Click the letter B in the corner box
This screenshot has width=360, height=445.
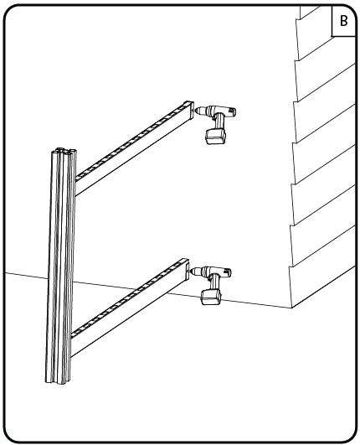[343, 21]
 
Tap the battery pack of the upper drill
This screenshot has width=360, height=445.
[216, 137]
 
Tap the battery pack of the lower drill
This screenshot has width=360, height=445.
[211, 298]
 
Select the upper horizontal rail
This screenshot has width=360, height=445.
[134, 147]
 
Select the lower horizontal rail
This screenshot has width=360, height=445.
[129, 307]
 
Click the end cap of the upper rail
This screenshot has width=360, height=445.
[190, 110]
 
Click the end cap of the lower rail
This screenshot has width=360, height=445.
[185, 267]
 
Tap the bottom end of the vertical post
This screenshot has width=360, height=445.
[58, 380]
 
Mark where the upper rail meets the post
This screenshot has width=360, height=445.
[75, 185]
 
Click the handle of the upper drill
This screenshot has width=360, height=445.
[219, 122]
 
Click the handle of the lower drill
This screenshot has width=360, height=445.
[214, 283]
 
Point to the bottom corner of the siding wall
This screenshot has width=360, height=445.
[291, 308]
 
